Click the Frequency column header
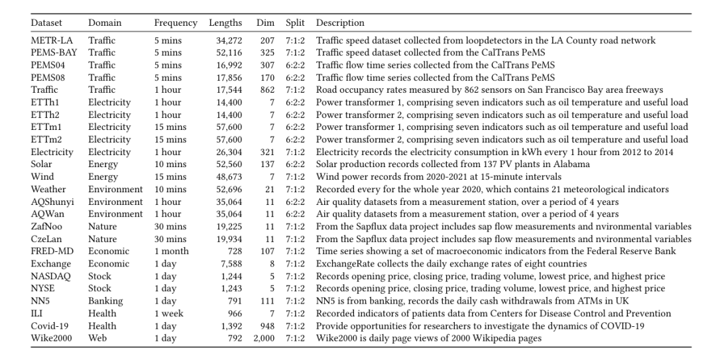(x=176, y=23)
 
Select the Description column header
(x=340, y=23)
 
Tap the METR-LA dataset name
(x=52, y=40)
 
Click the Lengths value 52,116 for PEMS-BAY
(x=228, y=53)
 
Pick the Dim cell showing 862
(x=267, y=90)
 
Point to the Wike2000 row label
(x=53, y=338)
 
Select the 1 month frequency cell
(x=171, y=251)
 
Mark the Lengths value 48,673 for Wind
(x=228, y=177)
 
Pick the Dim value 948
(x=267, y=326)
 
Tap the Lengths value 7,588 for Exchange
(x=231, y=264)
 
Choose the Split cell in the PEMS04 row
(x=295, y=65)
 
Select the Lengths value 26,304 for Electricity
(x=228, y=152)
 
